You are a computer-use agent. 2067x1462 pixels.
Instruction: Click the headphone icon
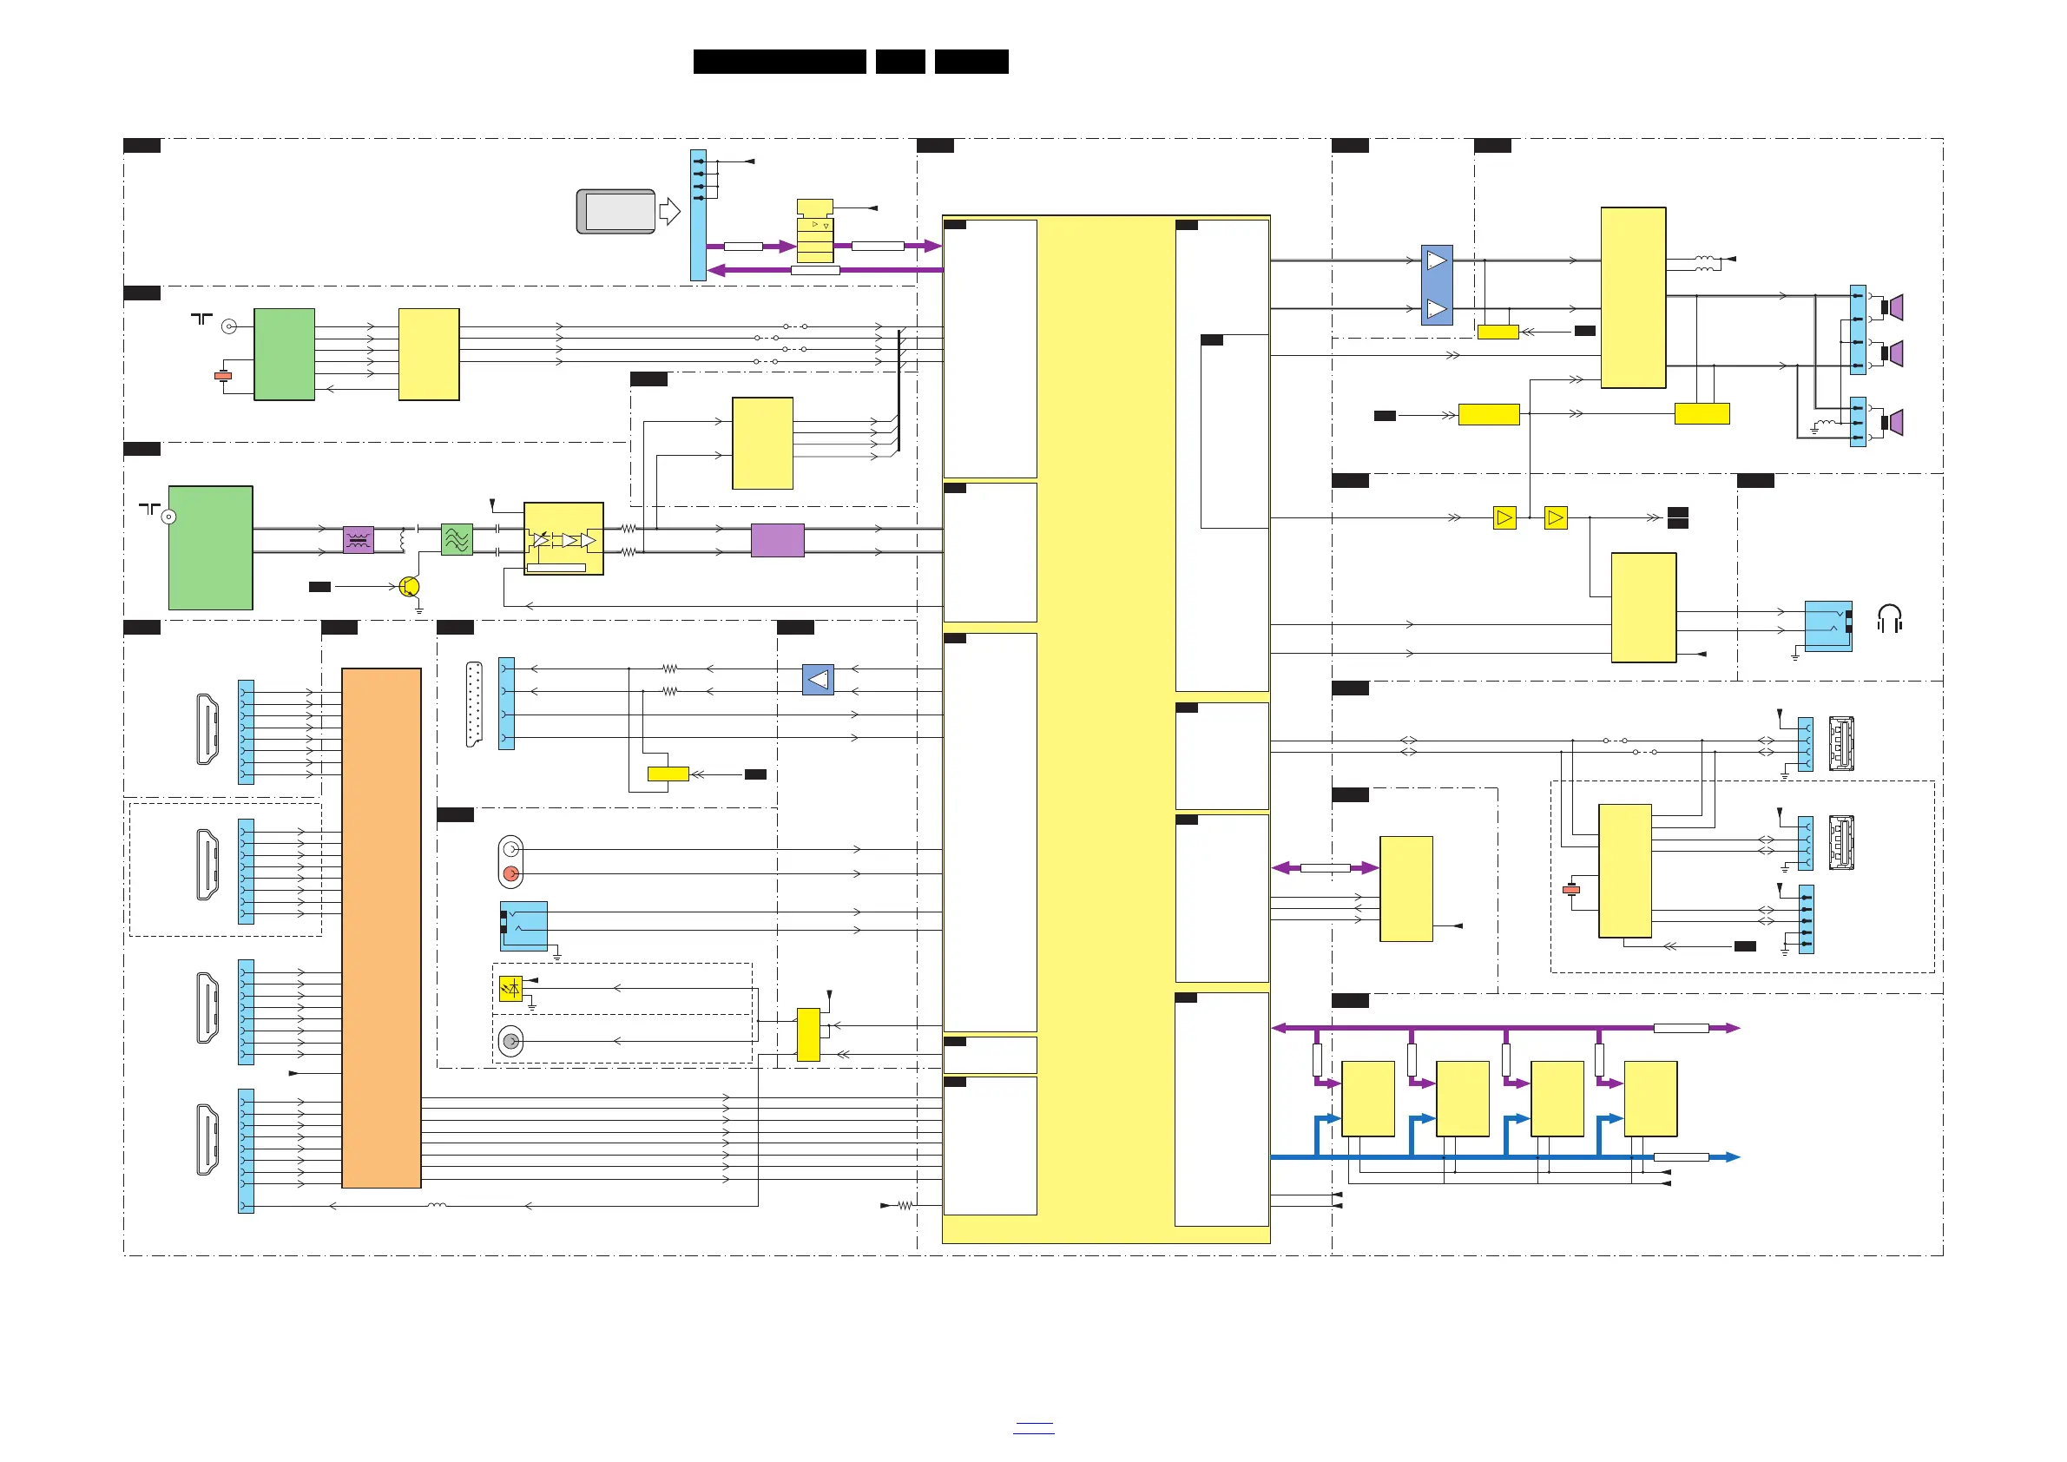pos(1889,618)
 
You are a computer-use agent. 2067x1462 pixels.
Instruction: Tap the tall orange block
pos(381,927)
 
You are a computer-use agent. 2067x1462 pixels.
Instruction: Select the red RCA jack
pos(510,873)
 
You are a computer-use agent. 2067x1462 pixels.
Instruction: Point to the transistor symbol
pos(409,587)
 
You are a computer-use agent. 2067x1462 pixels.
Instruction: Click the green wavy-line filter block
pos(457,539)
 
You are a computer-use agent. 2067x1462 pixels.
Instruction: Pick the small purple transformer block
pos(359,539)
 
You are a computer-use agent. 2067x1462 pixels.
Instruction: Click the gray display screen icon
pos(616,212)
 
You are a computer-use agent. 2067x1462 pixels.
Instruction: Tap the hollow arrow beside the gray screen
pos(670,212)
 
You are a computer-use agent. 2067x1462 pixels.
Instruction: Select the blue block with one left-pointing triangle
pos(818,680)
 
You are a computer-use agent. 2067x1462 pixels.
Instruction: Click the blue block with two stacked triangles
pos(1436,285)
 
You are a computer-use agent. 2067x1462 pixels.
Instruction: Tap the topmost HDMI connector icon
pos(207,729)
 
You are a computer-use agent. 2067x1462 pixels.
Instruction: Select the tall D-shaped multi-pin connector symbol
pos(473,704)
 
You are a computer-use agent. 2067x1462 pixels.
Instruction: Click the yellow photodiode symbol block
pos(510,989)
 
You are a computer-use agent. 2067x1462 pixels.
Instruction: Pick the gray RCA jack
pos(510,1041)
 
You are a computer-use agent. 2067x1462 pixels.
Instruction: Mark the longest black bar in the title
pos(779,62)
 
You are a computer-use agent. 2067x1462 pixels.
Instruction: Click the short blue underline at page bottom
pos(1032,1432)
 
